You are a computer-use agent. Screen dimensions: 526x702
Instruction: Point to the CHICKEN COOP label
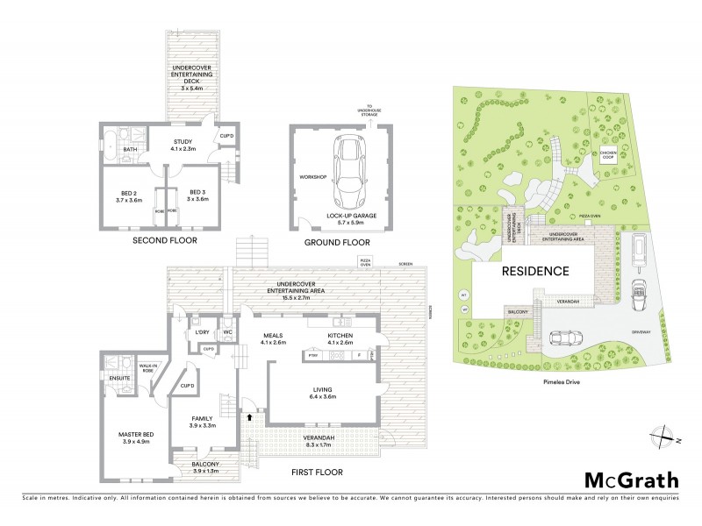click(608, 154)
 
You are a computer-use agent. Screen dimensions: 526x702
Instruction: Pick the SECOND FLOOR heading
click(164, 239)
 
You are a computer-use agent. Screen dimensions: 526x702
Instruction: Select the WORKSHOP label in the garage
click(313, 177)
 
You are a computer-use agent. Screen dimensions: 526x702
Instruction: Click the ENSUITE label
click(119, 378)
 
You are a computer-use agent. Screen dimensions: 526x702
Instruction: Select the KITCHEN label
click(342, 336)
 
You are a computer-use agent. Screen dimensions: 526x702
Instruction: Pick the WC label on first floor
click(226, 333)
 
